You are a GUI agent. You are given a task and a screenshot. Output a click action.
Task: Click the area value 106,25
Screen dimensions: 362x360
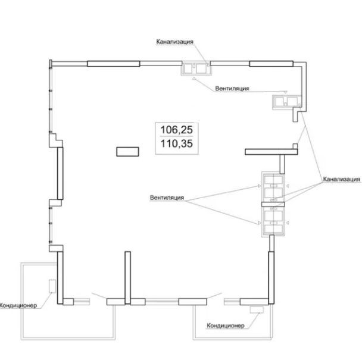(176, 130)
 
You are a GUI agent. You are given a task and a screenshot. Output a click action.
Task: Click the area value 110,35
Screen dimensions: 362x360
(176, 143)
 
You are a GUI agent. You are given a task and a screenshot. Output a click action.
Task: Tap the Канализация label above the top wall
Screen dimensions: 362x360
(175, 42)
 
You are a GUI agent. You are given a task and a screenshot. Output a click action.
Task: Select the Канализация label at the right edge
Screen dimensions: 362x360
(341, 179)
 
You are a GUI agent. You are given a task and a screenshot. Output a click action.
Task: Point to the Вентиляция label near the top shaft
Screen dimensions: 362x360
(232, 89)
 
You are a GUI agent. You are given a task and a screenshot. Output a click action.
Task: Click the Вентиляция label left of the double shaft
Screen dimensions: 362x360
(167, 198)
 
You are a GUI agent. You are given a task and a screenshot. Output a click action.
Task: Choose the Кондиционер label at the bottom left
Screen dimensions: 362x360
(18, 305)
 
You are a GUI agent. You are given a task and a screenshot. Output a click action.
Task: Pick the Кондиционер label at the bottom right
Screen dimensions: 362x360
(225, 325)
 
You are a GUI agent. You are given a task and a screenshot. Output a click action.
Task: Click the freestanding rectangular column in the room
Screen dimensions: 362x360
(127, 152)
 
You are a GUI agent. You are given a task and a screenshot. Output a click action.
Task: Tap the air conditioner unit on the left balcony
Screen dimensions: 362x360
(52, 286)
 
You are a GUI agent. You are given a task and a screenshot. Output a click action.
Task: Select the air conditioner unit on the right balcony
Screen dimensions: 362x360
(257, 309)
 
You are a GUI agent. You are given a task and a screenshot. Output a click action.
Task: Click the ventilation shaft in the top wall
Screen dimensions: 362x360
(196, 68)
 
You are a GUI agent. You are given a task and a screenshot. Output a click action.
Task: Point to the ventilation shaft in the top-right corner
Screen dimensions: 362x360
(286, 102)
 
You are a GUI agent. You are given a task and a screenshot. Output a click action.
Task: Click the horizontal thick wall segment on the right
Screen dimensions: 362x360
(271, 152)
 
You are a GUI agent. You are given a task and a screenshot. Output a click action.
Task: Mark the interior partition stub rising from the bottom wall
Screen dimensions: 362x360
(127, 278)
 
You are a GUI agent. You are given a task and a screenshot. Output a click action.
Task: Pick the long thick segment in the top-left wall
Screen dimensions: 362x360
(113, 64)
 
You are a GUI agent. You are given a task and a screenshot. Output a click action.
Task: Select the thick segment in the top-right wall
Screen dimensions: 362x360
(271, 64)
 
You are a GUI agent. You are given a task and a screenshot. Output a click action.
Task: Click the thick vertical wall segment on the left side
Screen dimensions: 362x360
(60, 173)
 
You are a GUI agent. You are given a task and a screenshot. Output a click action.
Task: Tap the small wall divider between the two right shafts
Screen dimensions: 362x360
(273, 205)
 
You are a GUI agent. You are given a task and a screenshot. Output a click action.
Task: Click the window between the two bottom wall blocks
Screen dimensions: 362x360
(162, 302)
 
